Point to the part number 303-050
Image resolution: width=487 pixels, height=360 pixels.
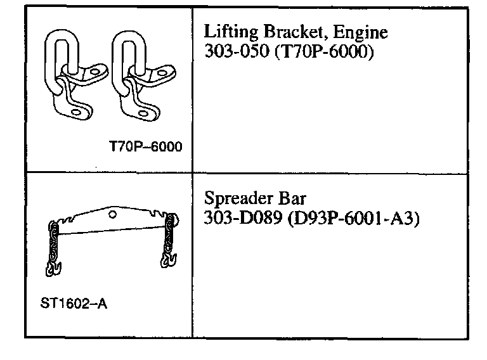[x=231, y=52]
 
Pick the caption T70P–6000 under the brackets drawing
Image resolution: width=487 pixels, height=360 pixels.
[x=145, y=146]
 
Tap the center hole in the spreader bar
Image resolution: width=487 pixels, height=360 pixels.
[x=112, y=215]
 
